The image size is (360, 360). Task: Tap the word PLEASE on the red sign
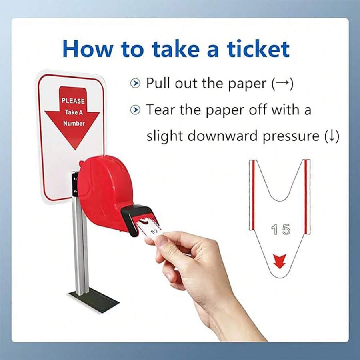(x=73, y=101)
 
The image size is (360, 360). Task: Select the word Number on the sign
(x=74, y=124)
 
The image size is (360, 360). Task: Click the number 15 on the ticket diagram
(x=280, y=230)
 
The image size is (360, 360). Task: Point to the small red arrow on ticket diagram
(x=279, y=261)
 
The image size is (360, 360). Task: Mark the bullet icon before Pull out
(x=136, y=84)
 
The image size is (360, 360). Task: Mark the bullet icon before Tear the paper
(x=136, y=110)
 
